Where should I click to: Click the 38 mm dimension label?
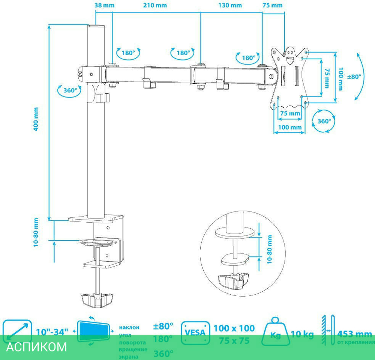pos(104,5)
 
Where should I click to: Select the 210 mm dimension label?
pos(155,5)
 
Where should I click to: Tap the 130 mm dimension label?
pos(230,5)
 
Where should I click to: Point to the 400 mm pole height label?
pos(36,119)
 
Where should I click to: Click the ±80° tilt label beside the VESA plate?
pos(354,77)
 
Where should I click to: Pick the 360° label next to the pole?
pos(70,90)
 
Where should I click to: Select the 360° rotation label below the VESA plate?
pos(324,121)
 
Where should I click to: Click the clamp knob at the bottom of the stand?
pos(97,300)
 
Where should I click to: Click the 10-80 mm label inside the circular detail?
pos(269,250)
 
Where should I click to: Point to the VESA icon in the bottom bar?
pos(195,333)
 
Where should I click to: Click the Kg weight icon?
pos(275,333)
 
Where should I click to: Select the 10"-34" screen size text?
pos(52,332)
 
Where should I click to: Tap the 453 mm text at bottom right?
pos(354,334)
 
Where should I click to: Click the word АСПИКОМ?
pos(36,346)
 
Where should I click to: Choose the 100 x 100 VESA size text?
pos(234,328)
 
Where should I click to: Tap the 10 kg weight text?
pos(302,334)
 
